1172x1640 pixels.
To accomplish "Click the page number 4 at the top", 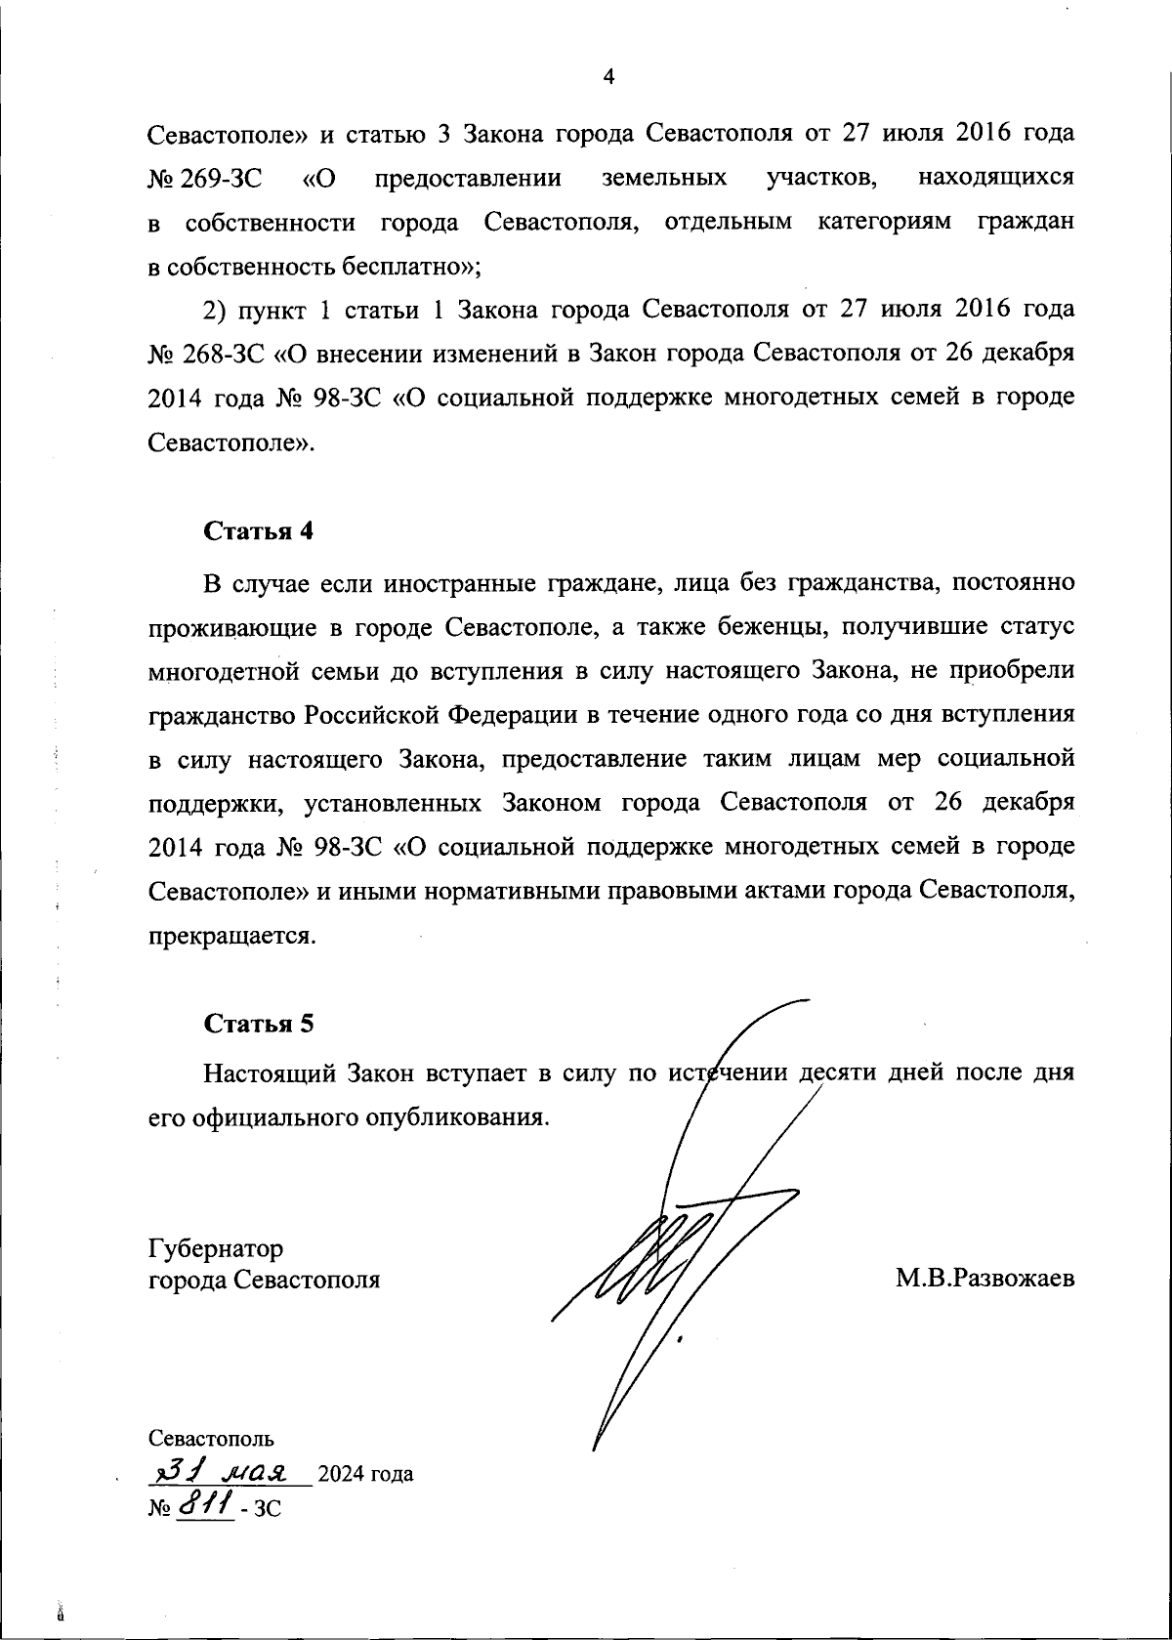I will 608,77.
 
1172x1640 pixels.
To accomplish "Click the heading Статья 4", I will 259,531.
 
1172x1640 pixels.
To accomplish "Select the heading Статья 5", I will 259,1024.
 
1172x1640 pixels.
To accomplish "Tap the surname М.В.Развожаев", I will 984,1279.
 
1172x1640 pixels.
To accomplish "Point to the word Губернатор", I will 216,1248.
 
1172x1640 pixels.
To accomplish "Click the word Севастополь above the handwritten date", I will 211,1438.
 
